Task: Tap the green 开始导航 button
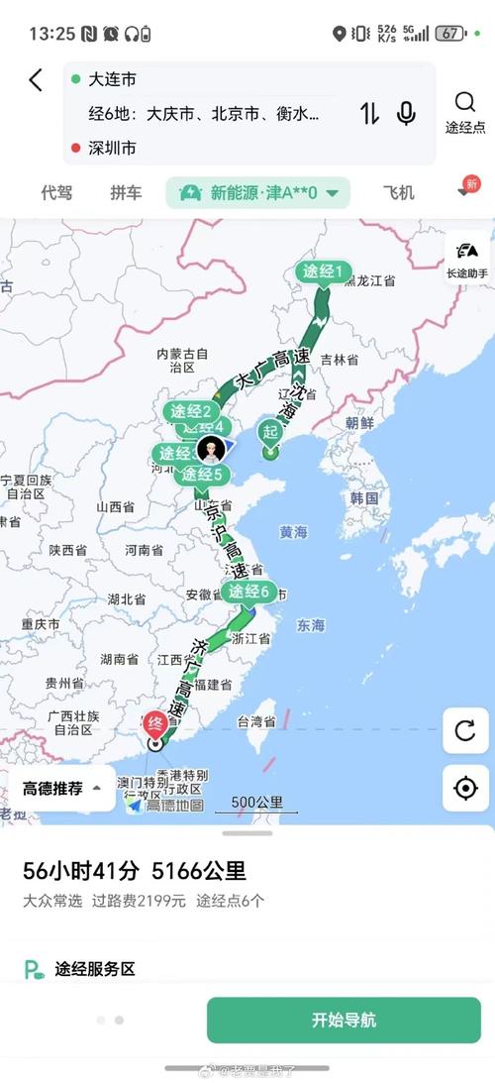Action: (344, 1020)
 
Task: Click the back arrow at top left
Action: (36, 80)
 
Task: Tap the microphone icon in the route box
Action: (406, 113)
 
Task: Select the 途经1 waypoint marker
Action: (324, 272)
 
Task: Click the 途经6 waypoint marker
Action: (248, 593)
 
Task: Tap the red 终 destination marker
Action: (155, 722)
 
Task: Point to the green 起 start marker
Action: (270, 432)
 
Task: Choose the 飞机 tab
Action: (398, 192)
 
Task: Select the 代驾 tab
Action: (56, 192)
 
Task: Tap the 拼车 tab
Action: (126, 192)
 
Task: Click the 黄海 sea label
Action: (293, 532)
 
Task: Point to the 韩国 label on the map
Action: (364, 497)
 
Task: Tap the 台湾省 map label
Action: (257, 720)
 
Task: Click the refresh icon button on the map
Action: (464, 731)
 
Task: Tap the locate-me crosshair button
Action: (464, 788)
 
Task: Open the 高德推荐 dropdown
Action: (61, 789)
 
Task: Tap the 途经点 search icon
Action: (464, 112)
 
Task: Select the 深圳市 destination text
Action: (112, 148)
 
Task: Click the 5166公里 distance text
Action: (199, 871)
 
